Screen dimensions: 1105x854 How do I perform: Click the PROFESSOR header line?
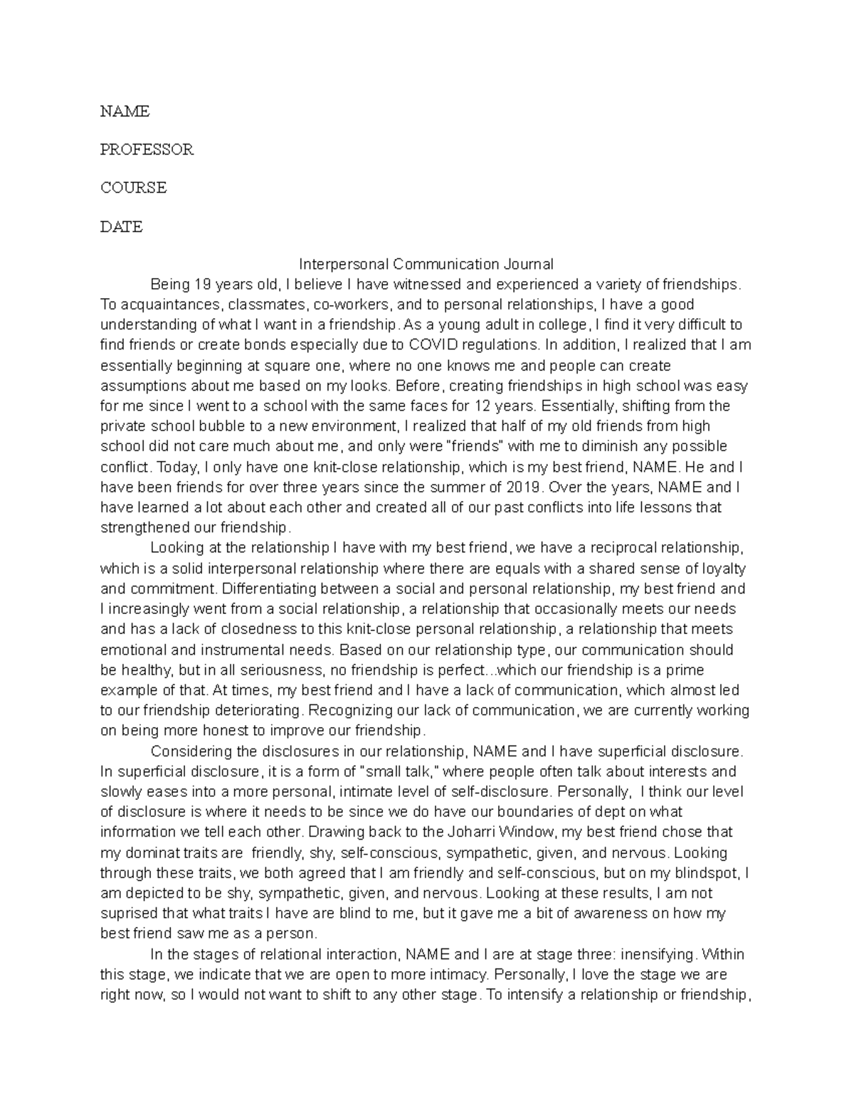pos(147,150)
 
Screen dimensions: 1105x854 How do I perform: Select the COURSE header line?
pos(133,189)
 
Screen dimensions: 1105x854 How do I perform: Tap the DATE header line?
pos(121,227)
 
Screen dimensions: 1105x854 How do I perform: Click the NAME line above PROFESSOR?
pos(125,112)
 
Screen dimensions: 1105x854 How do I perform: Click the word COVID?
pos(433,345)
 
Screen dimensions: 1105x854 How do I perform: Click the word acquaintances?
pos(162,305)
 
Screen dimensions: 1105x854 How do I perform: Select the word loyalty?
pos(721,569)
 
